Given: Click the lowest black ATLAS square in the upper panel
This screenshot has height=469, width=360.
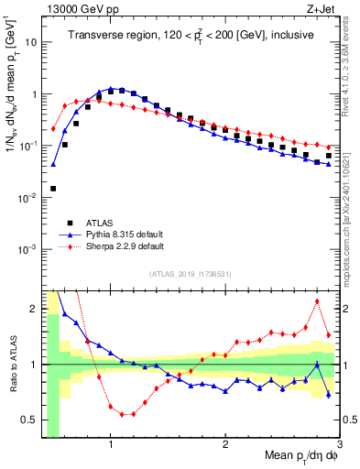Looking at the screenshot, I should click(53, 189).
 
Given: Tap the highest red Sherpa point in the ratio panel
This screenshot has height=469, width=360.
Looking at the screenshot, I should click(317, 301).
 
